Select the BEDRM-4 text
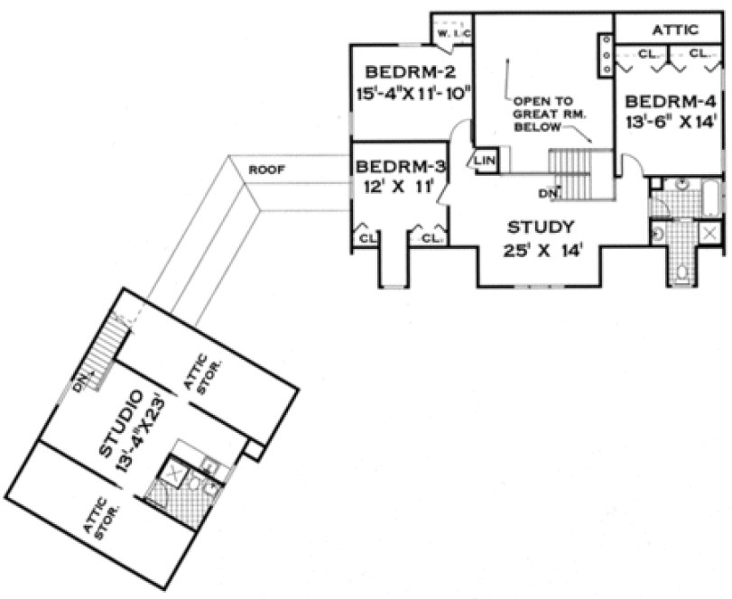pyautogui.click(x=670, y=100)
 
